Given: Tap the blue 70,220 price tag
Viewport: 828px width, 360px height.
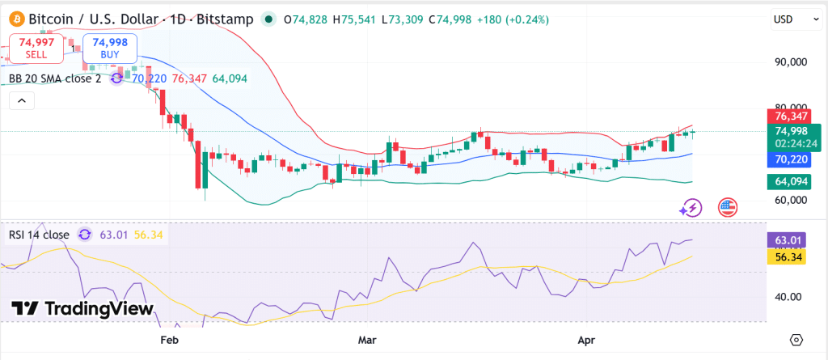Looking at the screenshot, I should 792,160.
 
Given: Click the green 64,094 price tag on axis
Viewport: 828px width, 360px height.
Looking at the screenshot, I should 792,181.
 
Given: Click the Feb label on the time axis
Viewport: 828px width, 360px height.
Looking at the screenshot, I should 169,340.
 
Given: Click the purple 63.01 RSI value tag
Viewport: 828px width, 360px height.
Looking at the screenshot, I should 788,239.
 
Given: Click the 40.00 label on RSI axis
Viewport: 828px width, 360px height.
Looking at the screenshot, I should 788,297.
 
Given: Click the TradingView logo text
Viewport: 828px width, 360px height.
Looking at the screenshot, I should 82,308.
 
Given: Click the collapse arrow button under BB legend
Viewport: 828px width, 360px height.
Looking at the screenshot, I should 22,101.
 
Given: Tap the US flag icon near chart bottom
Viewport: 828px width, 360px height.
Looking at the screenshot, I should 728,208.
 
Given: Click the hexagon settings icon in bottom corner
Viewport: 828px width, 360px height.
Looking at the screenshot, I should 797,340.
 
